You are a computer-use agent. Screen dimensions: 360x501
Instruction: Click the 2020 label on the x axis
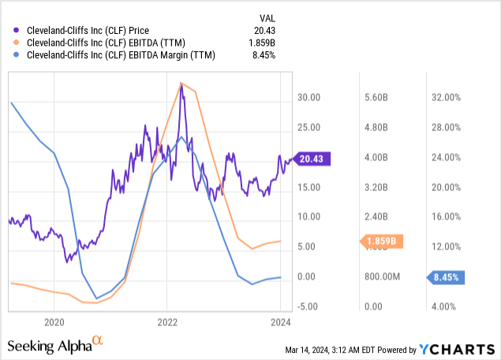(x=54, y=322)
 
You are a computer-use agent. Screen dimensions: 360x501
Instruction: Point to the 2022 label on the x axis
(x=167, y=322)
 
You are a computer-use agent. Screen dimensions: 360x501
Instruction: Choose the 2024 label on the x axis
(x=281, y=322)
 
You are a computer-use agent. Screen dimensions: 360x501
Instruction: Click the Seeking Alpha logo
(x=54, y=345)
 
